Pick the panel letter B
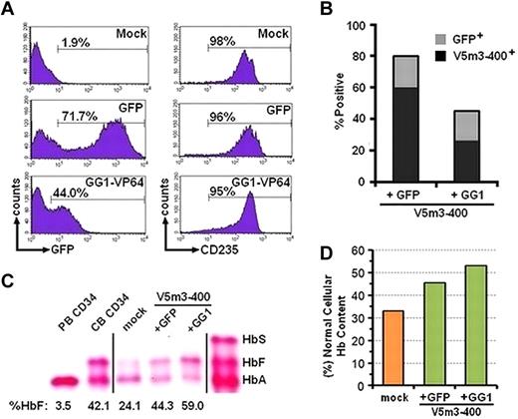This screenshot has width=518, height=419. click(310, 9)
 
